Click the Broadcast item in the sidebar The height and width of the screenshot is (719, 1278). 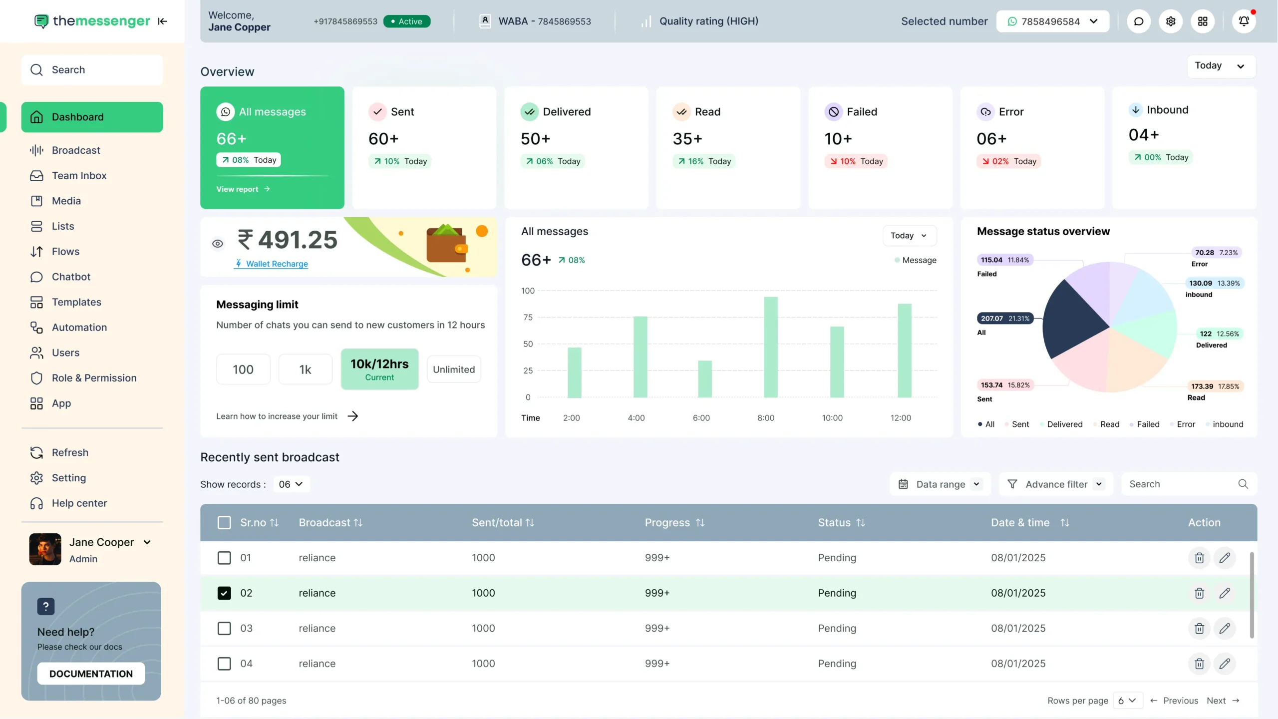(x=76, y=150)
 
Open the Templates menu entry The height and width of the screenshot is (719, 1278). (x=76, y=302)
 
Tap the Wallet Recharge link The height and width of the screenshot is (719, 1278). (x=277, y=264)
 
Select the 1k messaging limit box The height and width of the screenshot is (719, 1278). (x=305, y=369)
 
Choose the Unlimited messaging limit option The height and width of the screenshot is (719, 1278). (x=454, y=369)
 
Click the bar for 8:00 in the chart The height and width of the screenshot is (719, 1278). (x=770, y=348)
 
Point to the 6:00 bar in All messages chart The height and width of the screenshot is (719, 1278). (x=704, y=379)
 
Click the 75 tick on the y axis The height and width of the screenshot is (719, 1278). (x=528, y=318)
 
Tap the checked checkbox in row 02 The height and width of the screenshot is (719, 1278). (x=224, y=593)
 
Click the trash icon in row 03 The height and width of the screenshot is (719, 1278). (x=1199, y=628)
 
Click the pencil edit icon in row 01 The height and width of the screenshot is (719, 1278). (x=1225, y=558)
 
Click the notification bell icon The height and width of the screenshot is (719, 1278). (x=1244, y=21)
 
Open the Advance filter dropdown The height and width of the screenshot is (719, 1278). (x=1056, y=484)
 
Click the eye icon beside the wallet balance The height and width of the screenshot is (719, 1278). (x=218, y=244)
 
